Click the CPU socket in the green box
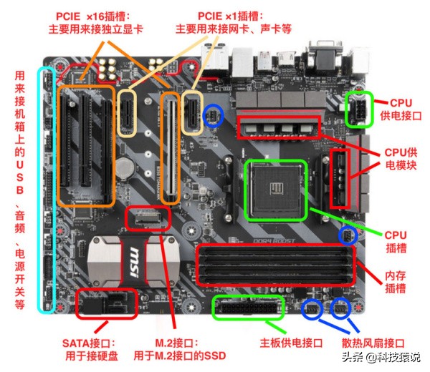click(276, 190)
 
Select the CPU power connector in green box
click(358, 109)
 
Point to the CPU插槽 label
click(396, 240)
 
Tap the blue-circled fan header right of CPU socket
click(347, 236)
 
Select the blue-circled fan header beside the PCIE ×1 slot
click(213, 117)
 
